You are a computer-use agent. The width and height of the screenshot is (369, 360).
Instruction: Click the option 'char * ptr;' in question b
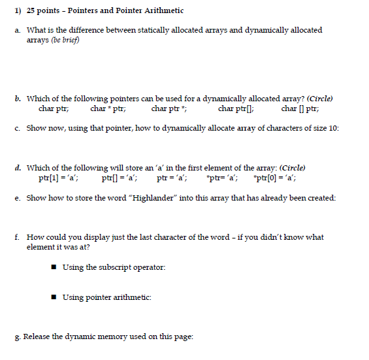pyautogui.click(x=108, y=109)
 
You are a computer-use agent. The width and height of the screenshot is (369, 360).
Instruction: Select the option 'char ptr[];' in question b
pyautogui.click(x=236, y=109)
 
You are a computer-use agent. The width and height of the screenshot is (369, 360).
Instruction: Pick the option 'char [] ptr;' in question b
pyautogui.click(x=300, y=109)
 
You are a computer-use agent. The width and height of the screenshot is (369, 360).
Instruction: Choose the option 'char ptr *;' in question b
pyautogui.click(x=169, y=109)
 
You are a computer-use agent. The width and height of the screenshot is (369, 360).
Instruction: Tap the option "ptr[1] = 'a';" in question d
pyautogui.click(x=59, y=177)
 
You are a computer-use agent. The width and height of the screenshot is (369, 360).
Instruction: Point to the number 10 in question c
pyautogui.click(x=334, y=128)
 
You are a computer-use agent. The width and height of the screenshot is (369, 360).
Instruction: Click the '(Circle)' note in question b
pyautogui.click(x=319, y=99)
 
